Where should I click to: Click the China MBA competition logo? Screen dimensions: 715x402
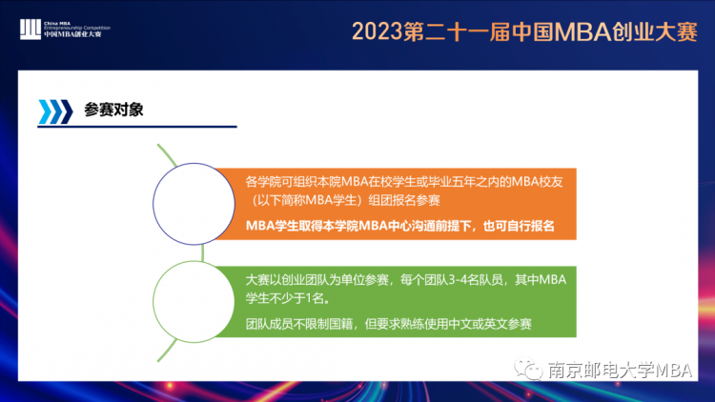[x=65, y=30]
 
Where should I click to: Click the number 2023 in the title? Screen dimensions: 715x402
[x=378, y=32]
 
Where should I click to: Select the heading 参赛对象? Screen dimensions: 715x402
[x=113, y=110]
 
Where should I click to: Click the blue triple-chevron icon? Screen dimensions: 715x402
[x=55, y=111]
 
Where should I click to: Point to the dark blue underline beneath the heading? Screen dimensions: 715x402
[x=137, y=127]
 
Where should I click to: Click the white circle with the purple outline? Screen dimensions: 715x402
[x=194, y=204]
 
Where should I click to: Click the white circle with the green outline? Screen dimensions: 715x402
[x=194, y=302]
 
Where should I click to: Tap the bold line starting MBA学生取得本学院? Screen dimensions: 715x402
[x=399, y=226]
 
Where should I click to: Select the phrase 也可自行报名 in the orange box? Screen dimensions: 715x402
[x=519, y=226]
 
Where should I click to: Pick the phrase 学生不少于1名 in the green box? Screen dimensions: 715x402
[x=287, y=298]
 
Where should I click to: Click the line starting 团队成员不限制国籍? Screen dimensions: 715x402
[x=389, y=324]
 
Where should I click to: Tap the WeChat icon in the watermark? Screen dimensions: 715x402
[x=528, y=369]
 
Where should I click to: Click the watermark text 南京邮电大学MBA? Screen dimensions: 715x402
[x=621, y=371]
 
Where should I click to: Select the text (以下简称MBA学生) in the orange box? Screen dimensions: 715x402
[x=307, y=200]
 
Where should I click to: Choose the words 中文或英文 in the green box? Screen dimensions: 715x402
[x=478, y=324]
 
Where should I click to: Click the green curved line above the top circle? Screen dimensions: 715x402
[x=166, y=153]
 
